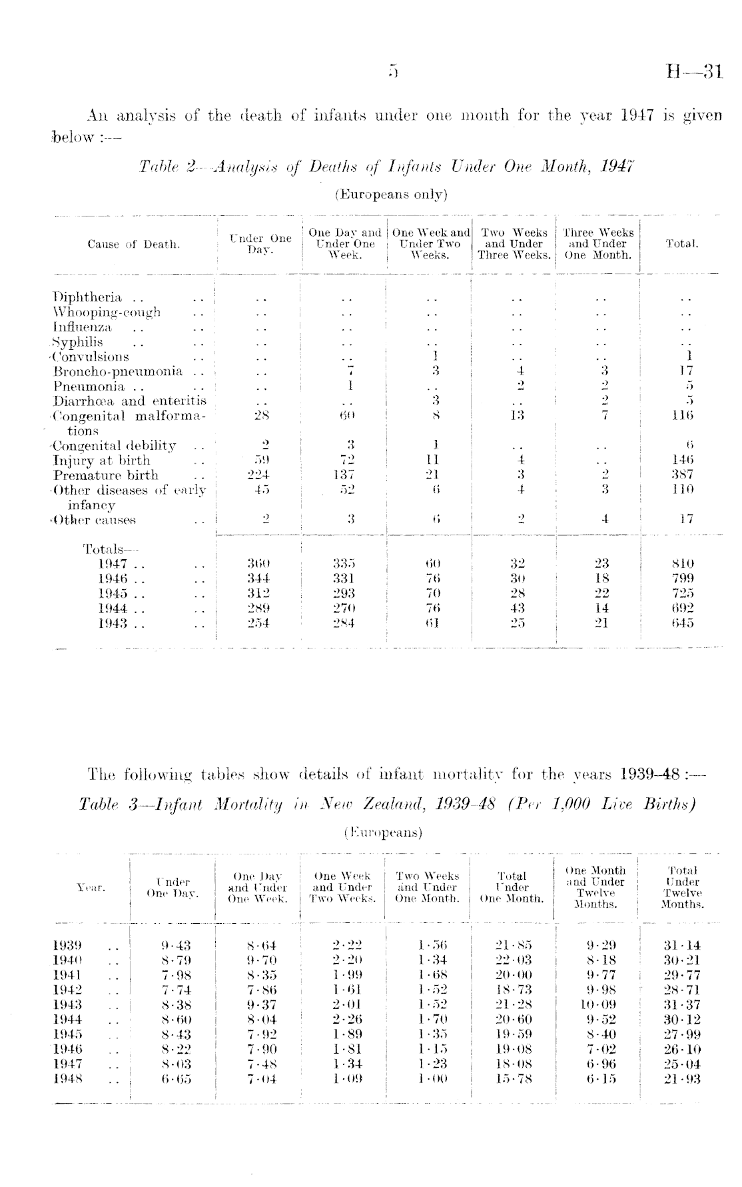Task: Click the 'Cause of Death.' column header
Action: tap(134, 245)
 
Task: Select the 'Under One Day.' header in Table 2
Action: tap(260, 244)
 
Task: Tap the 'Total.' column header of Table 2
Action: tap(681, 245)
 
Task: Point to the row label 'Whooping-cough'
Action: tap(107, 313)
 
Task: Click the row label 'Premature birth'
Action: tap(106, 475)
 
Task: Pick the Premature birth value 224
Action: tap(257, 475)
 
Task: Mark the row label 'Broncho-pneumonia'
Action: tap(118, 371)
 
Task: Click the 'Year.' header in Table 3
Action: tap(91, 887)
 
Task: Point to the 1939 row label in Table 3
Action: tap(67, 945)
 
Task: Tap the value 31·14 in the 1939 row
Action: tap(682, 945)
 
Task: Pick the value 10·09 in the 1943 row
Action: tap(597, 1004)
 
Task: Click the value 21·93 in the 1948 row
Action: tap(682, 1079)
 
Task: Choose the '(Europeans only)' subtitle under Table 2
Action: tap(390, 195)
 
